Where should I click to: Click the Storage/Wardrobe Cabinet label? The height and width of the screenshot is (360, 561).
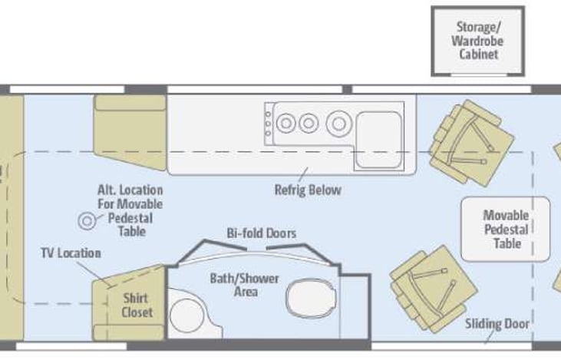coord(477,41)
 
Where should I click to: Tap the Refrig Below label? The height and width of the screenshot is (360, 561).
coord(308,190)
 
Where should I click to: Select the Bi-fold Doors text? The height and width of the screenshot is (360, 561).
coord(262,233)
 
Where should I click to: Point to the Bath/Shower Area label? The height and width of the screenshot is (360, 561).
coord(244,285)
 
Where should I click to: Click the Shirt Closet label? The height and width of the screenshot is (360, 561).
coord(137,306)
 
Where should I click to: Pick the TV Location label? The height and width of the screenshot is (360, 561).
coord(71,253)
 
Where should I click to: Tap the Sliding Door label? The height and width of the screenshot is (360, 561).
coord(497,324)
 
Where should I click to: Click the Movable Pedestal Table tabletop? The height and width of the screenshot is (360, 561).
coord(505,229)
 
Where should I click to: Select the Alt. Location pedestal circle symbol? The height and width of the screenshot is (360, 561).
coord(87,221)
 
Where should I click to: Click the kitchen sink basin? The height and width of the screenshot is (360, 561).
coord(378,140)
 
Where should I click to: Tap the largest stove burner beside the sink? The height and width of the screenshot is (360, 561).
coord(338,124)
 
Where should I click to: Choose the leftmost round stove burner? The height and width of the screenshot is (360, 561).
coord(285,123)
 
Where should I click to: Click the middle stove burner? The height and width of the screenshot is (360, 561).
coord(309,123)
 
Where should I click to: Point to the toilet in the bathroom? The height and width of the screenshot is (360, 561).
coord(312,298)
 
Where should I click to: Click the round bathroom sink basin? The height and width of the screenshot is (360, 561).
coord(186,315)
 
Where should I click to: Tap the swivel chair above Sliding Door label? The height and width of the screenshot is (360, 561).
coord(434,289)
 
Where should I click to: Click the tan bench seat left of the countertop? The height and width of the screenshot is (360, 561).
coord(130,132)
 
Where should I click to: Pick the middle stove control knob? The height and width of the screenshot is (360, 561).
coord(268,124)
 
